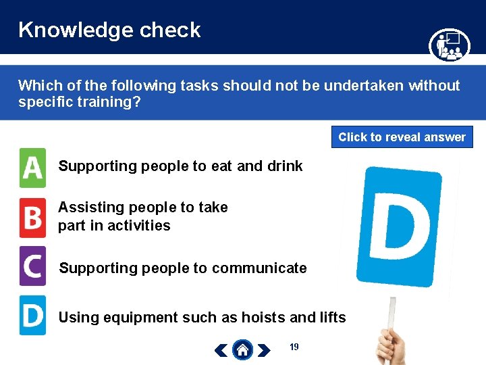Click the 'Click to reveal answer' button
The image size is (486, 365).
pos(402,137)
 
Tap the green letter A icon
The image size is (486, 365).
pos(32,168)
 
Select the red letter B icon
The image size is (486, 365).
pos(32,218)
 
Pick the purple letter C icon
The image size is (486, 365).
pos(32,266)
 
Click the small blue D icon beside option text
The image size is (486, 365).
pos(32,315)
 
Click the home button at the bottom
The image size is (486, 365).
pos(242,349)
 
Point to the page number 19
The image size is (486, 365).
pos(294,347)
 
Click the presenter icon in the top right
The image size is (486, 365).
pos(449,45)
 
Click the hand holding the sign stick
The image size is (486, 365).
pos(391,345)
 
